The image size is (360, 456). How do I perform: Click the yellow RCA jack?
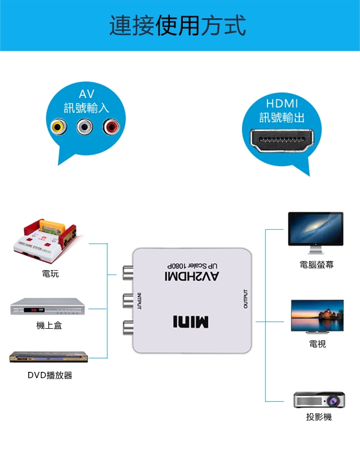(x=58, y=128)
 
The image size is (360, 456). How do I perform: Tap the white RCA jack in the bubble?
(x=85, y=128)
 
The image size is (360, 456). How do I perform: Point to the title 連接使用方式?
(x=177, y=26)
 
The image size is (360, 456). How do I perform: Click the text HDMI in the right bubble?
(x=282, y=103)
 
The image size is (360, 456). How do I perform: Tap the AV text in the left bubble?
(x=86, y=94)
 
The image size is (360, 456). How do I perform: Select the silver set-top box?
(x=49, y=308)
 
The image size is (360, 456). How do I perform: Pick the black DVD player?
(x=49, y=357)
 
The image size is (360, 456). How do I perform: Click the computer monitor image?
(x=316, y=229)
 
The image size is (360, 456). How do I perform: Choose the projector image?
(x=319, y=400)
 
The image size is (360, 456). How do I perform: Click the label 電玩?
(x=50, y=274)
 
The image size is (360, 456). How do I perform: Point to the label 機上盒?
(x=49, y=325)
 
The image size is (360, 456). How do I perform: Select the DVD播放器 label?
(x=50, y=376)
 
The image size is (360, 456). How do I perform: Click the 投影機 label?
(x=319, y=417)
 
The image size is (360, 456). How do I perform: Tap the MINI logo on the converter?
(x=191, y=322)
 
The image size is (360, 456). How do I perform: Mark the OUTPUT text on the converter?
(x=245, y=299)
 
